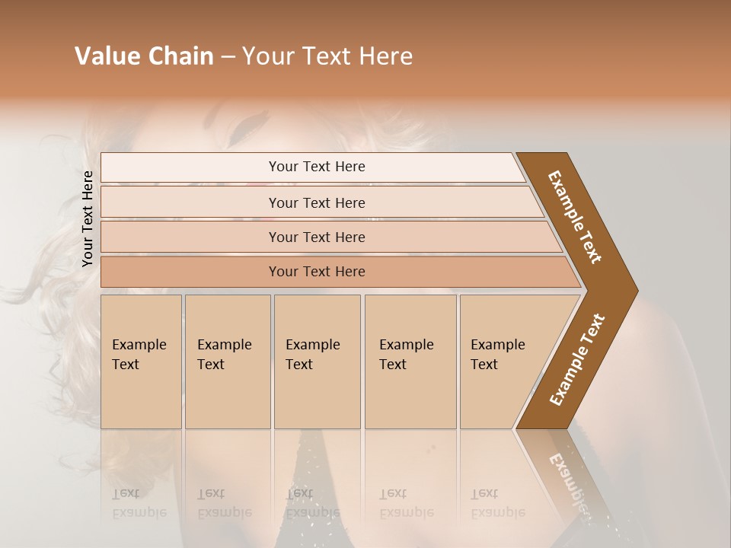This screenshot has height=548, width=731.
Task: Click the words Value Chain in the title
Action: tap(144, 56)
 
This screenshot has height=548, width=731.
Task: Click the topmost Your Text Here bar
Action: tap(316, 167)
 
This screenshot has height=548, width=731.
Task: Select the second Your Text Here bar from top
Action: tap(316, 202)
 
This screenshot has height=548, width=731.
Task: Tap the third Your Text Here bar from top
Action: tap(316, 237)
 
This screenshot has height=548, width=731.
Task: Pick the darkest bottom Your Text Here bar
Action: tap(316, 272)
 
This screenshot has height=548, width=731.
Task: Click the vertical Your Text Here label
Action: tap(88, 218)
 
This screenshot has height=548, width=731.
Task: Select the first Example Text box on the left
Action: tap(141, 361)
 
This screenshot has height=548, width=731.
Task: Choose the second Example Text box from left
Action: tap(227, 361)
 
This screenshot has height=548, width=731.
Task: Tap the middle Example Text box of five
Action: tap(316, 361)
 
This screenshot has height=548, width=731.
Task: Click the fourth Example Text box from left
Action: tap(410, 361)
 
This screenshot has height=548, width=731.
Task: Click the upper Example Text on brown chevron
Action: tap(575, 217)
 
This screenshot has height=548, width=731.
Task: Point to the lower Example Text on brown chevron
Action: tap(576, 359)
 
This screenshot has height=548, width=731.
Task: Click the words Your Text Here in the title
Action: tap(327, 56)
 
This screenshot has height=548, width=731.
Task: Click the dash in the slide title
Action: tap(228, 57)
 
